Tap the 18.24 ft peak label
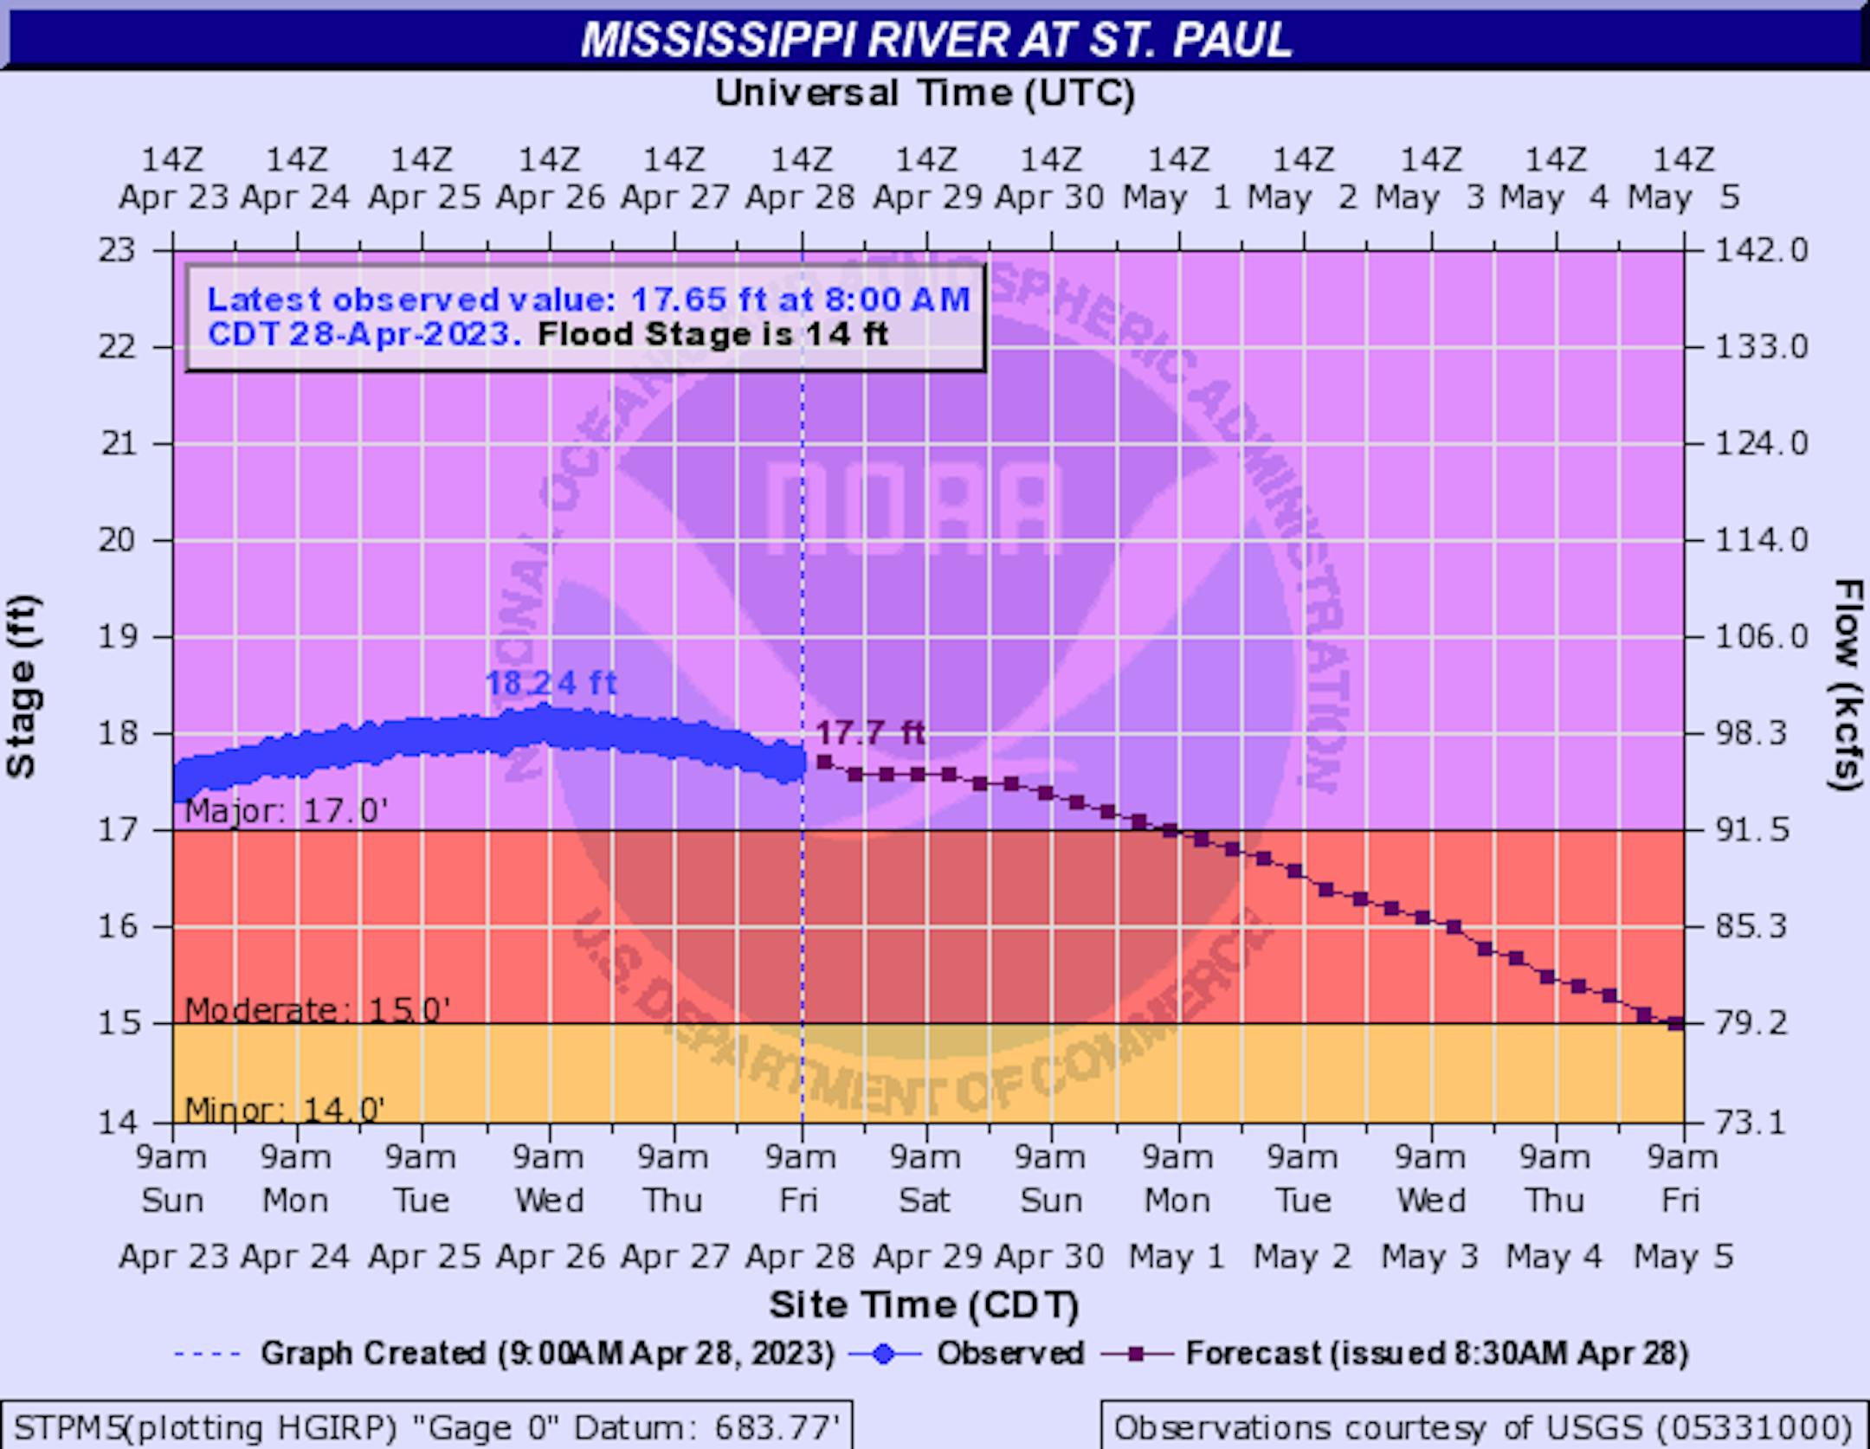[x=551, y=683]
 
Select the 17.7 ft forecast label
[x=870, y=733]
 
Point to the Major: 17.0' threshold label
[x=286, y=811]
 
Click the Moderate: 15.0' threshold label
[x=317, y=1009]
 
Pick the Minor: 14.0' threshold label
[x=285, y=1109]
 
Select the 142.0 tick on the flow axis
[x=1750, y=250]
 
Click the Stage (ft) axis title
[x=22, y=686]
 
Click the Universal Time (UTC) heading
[x=925, y=93]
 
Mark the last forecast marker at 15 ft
[x=1675, y=1023]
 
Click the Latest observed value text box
[x=586, y=317]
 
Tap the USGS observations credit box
[x=1482, y=1426]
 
